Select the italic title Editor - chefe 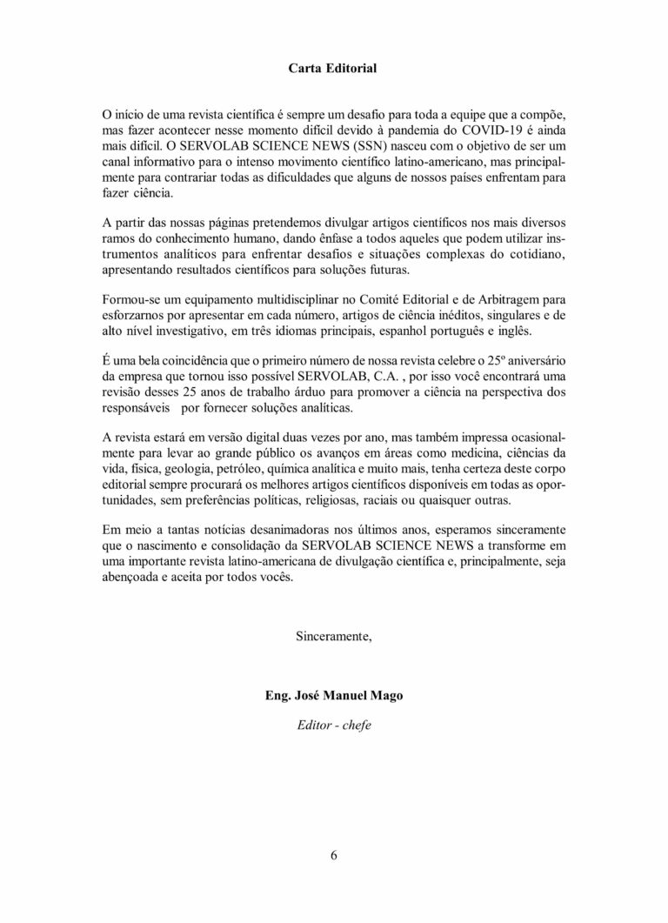click(x=334, y=724)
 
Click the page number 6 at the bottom click(x=334, y=854)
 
